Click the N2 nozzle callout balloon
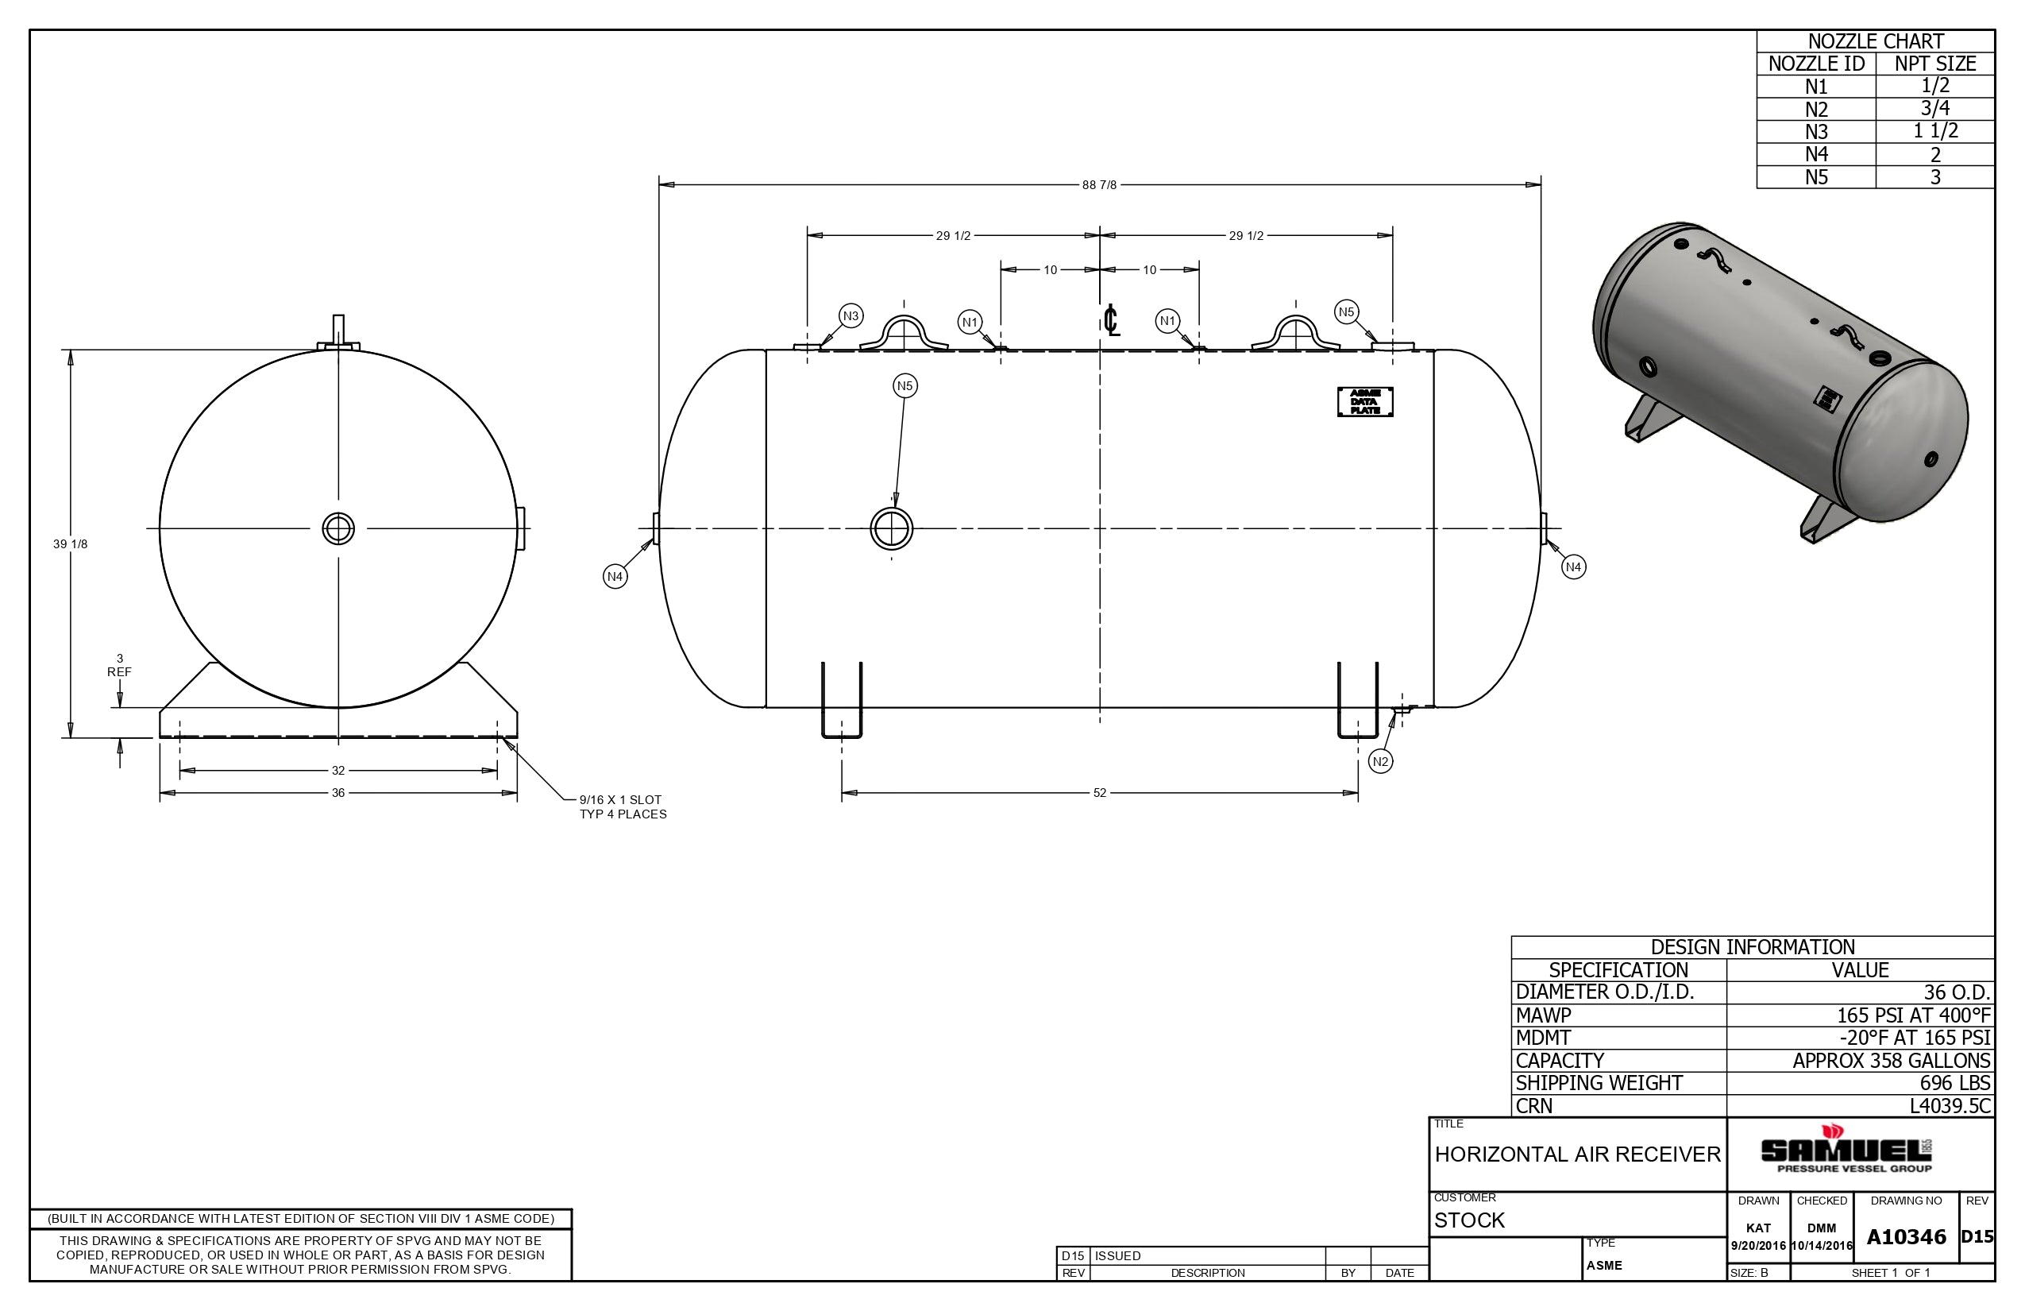click(x=1380, y=762)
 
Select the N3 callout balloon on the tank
click(x=850, y=316)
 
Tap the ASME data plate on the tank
click(x=1365, y=402)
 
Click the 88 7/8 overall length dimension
click(x=1099, y=184)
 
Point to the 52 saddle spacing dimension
click(x=1099, y=794)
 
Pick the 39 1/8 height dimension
click(x=70, y=544)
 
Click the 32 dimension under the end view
click(x=337, y=771)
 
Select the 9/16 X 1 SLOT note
click(x=620, y=800)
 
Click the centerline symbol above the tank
click(x=1110, y=320)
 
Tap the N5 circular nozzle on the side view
click(x=892, y=528)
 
